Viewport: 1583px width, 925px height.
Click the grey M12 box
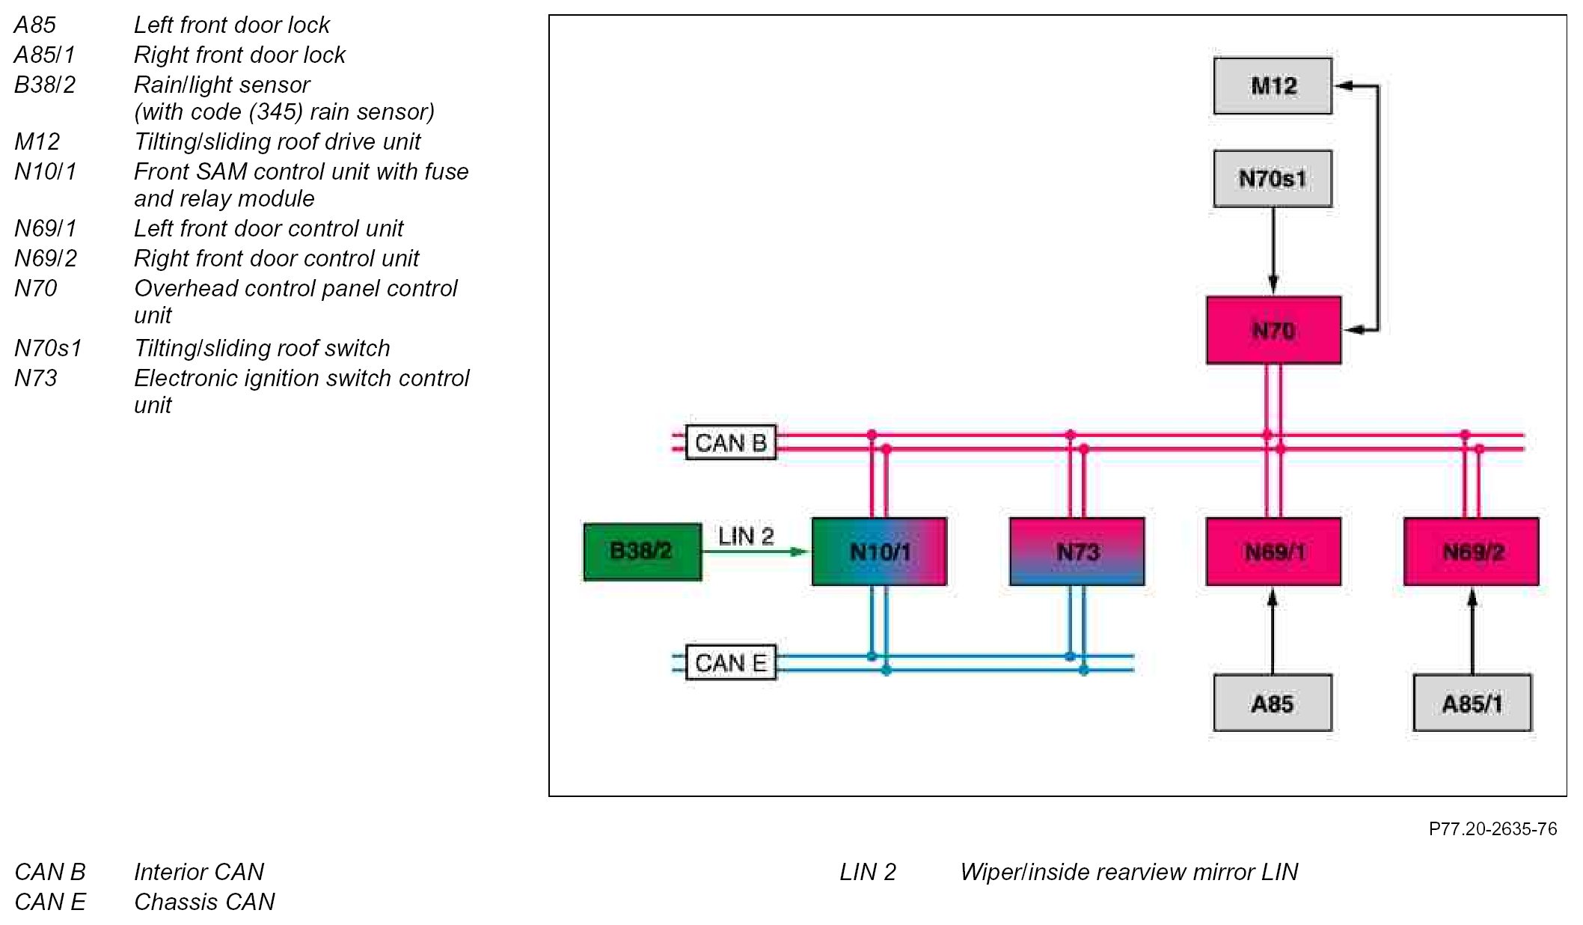pos(1273,86)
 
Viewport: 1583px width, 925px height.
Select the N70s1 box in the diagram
pos(1273,179)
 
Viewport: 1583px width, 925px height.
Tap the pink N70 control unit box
pos(1273,330)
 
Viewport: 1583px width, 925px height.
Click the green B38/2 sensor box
pos(642,552)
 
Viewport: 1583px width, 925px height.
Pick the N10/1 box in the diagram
pos(879,552)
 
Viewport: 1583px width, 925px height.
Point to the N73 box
pos(1077,552)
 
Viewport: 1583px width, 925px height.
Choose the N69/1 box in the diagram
pos(1273,552)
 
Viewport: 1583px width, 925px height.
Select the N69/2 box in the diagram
pos(1472,552)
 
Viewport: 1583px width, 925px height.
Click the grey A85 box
pos(1273,703)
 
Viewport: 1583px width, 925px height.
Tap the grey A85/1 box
pos(1472,703)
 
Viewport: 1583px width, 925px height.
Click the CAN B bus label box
pos(730,442)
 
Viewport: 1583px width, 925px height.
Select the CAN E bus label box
pos(730,662)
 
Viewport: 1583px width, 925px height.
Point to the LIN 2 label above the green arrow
pos(745,536)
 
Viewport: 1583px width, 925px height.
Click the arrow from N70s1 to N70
pos(1273,251)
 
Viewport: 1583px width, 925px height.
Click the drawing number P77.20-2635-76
pos(1492,828)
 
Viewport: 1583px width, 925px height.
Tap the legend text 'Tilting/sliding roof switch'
pos(262,348)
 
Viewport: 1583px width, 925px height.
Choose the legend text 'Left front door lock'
pos(231,25)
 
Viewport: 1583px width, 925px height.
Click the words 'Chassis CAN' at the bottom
pos(204,902)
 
